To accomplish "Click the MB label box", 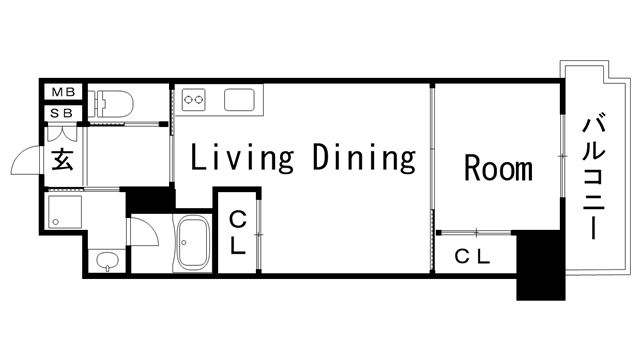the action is [63, 92].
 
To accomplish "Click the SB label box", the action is [62, 113].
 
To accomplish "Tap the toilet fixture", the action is [111, 104].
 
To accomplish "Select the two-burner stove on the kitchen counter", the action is [193, 100].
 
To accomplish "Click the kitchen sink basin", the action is [239, 100].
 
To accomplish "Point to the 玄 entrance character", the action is [62, 160].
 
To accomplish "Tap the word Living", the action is [242, 158].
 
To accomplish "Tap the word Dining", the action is [364, 158].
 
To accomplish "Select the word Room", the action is [498, 168].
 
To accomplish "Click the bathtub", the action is [193, 244].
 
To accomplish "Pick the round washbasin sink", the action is [107, 260].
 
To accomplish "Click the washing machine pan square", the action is [64, 211].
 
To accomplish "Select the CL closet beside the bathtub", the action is [238, 233].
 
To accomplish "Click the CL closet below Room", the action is [473, 256].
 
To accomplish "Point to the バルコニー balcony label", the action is [593, 177].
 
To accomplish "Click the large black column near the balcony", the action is [539, 265].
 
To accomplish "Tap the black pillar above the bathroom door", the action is [149, 200].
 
